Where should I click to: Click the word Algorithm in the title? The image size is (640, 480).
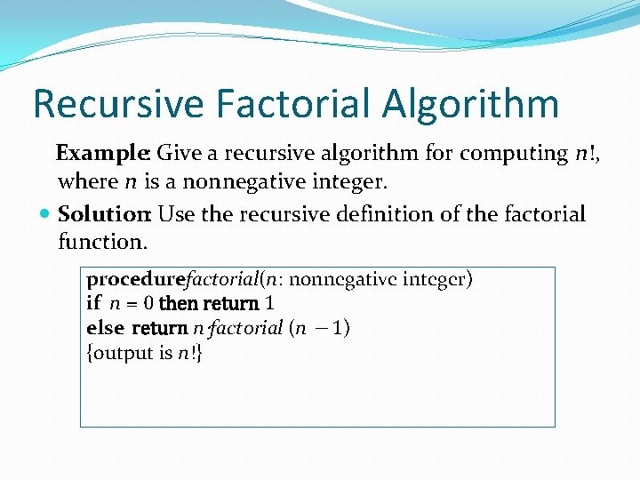[x=472, y=104]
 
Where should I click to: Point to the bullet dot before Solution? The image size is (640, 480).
[x=46, y=214]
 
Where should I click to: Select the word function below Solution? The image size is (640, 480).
[x=100, y=241]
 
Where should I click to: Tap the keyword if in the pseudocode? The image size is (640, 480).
[x=93, y=303]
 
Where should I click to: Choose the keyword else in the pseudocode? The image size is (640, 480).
[x=104, y=328]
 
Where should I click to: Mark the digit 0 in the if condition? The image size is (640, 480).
[x=149, y=303]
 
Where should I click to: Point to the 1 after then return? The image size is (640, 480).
[x=269, y=303]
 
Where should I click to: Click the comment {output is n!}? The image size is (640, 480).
[x=145, y=353]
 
